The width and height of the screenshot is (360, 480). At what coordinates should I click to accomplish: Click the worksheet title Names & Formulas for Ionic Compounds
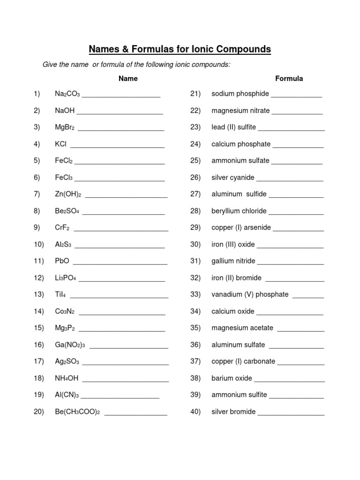click(180, 49)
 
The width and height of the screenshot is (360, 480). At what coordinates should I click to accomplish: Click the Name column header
click(128, 78)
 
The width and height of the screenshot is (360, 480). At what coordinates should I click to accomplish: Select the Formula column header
click(289, 78)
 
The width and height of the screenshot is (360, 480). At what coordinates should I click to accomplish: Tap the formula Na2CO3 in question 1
click(67, 94)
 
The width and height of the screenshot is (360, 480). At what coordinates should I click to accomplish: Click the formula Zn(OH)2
click(68, 194)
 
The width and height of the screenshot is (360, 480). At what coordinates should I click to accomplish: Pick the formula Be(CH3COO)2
click(78, 412)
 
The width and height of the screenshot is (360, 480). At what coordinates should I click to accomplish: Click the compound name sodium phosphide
click(240, 94)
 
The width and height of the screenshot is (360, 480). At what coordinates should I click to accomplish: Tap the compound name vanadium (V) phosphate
click(250, 294)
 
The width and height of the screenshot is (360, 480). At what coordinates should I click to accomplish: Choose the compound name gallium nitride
click(233, 261)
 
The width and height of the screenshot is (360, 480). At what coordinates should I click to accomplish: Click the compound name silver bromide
click(233, 412)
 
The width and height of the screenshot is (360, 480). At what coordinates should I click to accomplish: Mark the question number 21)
click(195, 94)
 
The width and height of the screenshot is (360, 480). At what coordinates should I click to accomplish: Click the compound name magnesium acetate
click(242, 328)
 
